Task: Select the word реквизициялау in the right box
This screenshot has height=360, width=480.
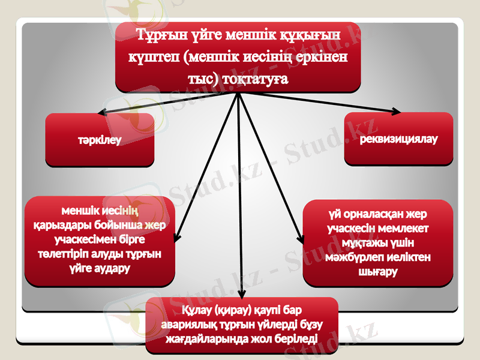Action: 398,139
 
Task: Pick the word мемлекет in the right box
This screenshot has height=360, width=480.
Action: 404,229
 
